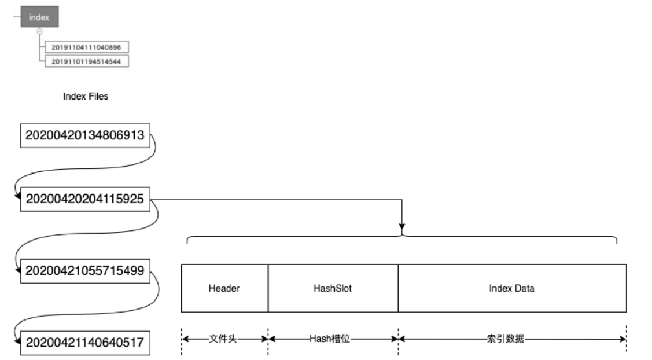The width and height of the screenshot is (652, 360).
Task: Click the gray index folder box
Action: pyautogui.click(x=39, y=17)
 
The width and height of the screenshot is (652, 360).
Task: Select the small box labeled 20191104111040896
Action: pyautogui.click(x=86, y=46)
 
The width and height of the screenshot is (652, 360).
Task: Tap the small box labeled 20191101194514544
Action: pyautogui.click(x=86, y=60)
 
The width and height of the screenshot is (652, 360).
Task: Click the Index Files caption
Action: pyautogui.click(x=86, y=97)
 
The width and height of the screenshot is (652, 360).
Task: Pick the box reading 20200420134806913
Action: pyautogui.click(x=85, y=136)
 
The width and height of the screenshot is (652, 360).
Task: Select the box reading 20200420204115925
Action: pyautogui.click(x=85, y=200)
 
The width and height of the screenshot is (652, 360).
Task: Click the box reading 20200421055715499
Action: pyautogui.click(x=85, y=270)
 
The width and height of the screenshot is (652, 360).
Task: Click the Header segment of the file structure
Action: pyautogui.click(x=224, y=288)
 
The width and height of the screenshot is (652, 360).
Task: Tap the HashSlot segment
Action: pyautogui.click(x=333, y=288)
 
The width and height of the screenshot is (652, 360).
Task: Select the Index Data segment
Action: pyautogui.click(x=511, y=288)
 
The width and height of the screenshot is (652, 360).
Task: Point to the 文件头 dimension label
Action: pyautogui.click(x=224, y=339)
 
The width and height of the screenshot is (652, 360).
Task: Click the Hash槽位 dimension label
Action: pyautogui.click(x=333, y=339)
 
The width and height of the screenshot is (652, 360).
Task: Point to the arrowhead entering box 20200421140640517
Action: pyautogui.click(x=18, y=341)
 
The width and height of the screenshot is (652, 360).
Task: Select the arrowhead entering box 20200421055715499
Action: pyautogui.click(x=18, y=270)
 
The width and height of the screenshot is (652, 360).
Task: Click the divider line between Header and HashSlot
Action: pyautogui.click(x=268, y=288)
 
